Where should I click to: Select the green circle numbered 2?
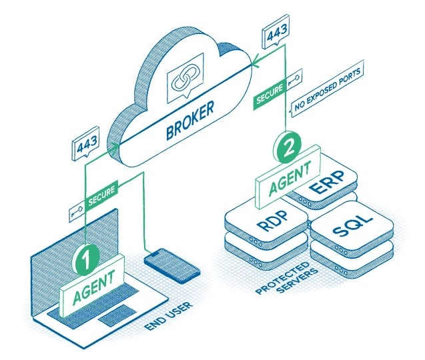[x=287, y=146]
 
